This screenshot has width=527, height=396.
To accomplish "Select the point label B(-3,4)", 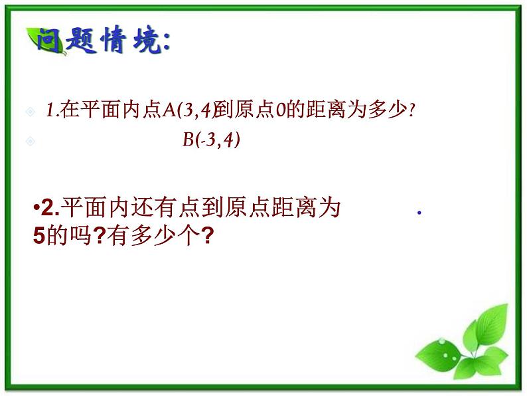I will [x=211, y=140].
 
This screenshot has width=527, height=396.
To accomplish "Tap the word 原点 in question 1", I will [x=258, y=112].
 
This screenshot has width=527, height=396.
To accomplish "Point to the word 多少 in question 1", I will [x=390, y=112].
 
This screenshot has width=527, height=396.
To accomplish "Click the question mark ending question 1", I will [x=412, y=112].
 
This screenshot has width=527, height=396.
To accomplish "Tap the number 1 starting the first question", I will [x=50, y=112].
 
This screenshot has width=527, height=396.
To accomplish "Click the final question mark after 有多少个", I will [x=206, y=235].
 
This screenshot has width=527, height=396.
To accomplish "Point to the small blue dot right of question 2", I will [x=419, y=213].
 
